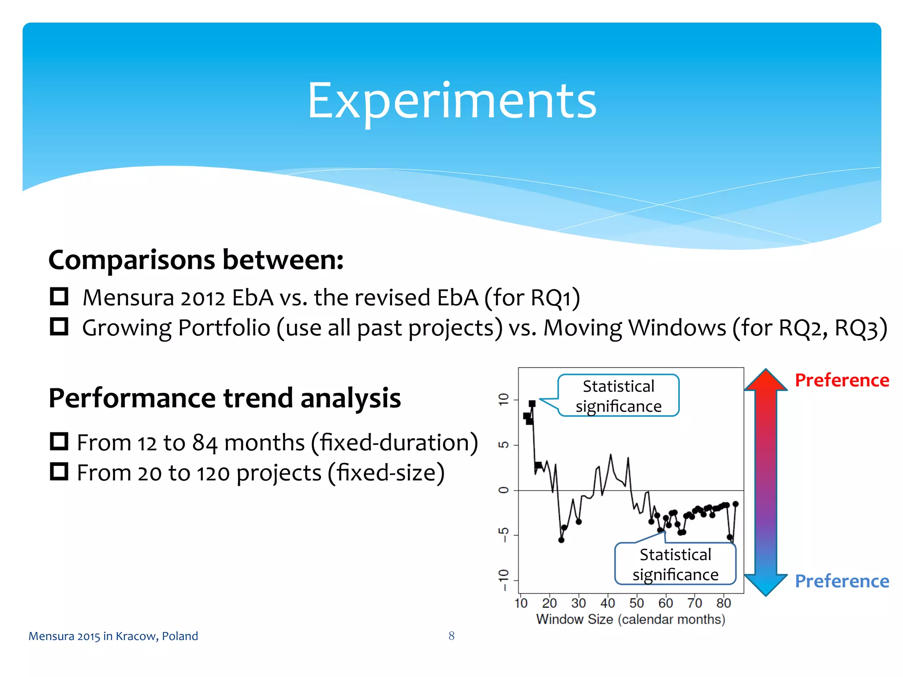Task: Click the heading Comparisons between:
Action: (196, 260)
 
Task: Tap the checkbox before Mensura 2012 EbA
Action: (59, 297)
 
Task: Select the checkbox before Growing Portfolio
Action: (59, 327)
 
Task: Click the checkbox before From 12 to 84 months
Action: (59, 441)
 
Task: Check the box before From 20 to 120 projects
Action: (59, 472)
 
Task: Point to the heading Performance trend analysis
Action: (224, 398)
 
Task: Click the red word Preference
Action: (841, 380)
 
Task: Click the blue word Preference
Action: (841, 581)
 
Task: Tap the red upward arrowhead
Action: (766, 380)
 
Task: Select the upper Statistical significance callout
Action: (618, 396)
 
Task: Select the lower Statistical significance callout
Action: (675, 564)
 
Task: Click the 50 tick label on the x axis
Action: (636, 603)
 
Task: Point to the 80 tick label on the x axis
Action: (724, 603)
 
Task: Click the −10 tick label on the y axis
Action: (503, 580)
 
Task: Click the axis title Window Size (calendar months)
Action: (631, 619)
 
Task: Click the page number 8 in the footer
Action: (451, 636)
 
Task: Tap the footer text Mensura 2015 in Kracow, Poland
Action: (113, 636)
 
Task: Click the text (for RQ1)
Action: (532, 298)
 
